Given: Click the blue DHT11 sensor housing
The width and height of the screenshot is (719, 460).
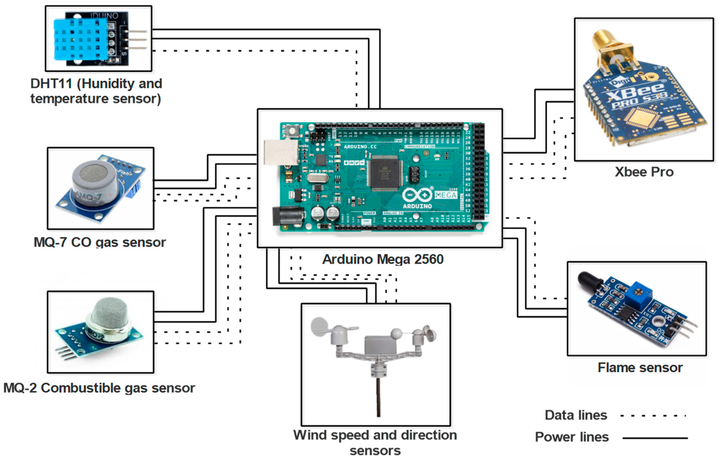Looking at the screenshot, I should (x=80, y=39).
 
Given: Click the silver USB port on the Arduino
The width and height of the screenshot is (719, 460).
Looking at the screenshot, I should (x=281, y=152).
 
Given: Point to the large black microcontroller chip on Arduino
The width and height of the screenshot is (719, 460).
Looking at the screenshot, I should (x=385, y=173).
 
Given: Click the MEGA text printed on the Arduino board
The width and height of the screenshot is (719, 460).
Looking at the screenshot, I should (x=445, y=195).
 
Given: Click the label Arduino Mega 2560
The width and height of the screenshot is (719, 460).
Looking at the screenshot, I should (x=383, y=259).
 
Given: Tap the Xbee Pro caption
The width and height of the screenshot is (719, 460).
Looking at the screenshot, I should (x=644, y=172).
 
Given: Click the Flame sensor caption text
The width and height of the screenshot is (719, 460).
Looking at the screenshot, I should (x=640, y=368).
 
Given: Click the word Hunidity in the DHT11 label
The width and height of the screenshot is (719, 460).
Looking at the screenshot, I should (x=107, y=84).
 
